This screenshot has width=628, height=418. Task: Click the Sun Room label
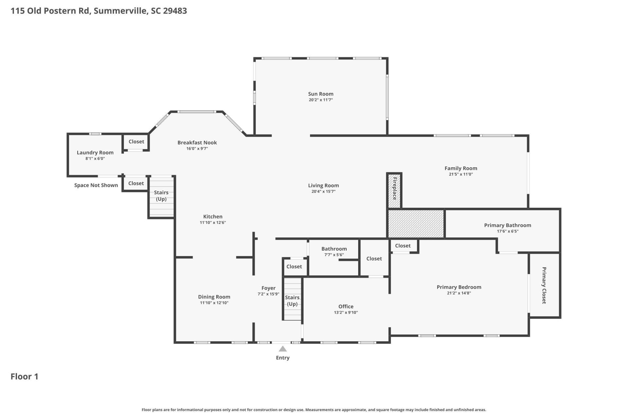[x=321, y=94]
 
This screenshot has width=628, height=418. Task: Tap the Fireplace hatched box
[x=394, y=191]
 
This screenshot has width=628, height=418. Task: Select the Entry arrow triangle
[x=283, y=349]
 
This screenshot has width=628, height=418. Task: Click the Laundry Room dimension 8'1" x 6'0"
[x=95, y=159]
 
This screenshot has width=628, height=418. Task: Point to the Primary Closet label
[x=544, y=285]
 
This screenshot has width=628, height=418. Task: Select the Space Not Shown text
[x=96, y=185]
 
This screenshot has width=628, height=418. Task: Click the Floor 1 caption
[x=25, y=377]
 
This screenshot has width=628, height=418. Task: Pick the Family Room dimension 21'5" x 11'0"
[x=461, y=174]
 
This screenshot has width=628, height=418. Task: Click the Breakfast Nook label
[x=197, y=143]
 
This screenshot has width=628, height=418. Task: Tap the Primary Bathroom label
[x=507, y=225]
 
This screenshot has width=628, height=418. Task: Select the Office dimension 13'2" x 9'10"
[x=346, y=313]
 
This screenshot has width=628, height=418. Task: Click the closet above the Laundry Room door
[x=136, y=142]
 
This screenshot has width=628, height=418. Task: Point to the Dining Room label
[x=214, y=297]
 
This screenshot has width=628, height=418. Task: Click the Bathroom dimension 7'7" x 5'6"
[x=334, y=255]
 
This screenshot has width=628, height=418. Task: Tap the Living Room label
[x=323, y=185]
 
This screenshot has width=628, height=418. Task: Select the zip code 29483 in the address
[x=175, y=11]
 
